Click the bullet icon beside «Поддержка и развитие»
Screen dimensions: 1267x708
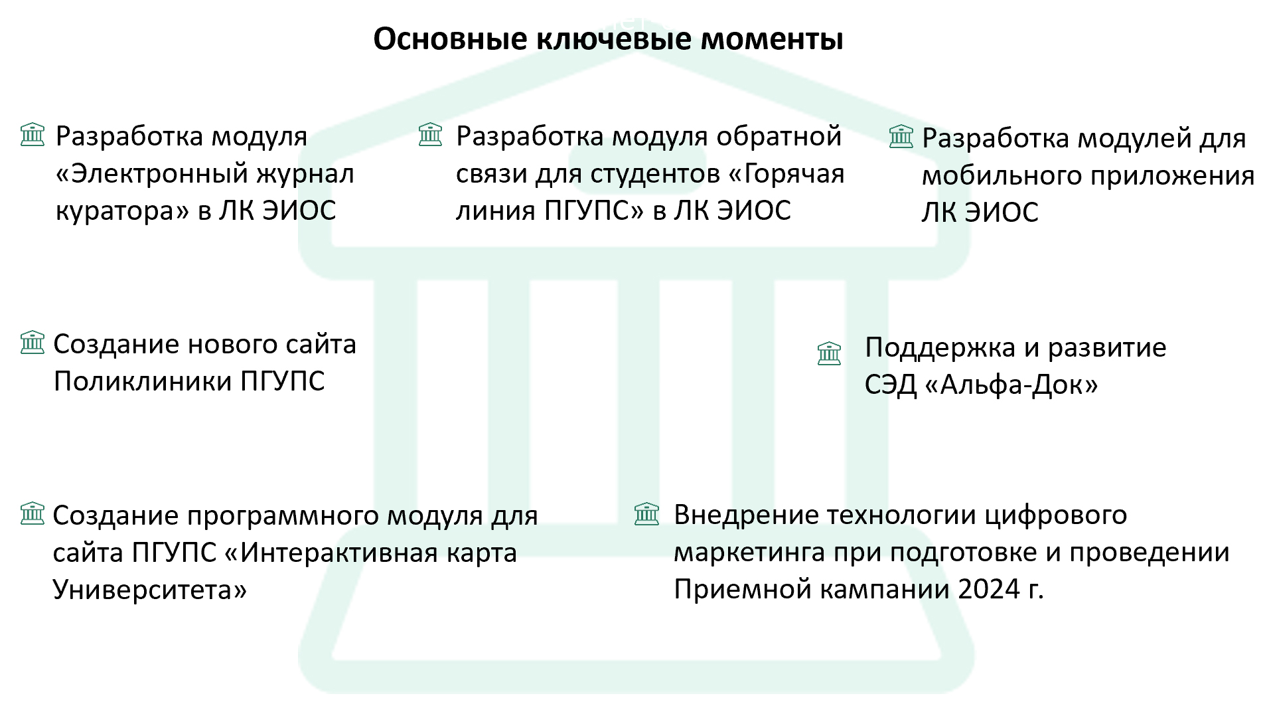point(829,353)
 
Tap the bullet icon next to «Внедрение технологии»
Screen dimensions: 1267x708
point(646,514)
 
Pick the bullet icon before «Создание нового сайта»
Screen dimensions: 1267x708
point(33,343)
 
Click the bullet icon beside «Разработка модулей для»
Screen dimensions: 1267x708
point(901,137)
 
